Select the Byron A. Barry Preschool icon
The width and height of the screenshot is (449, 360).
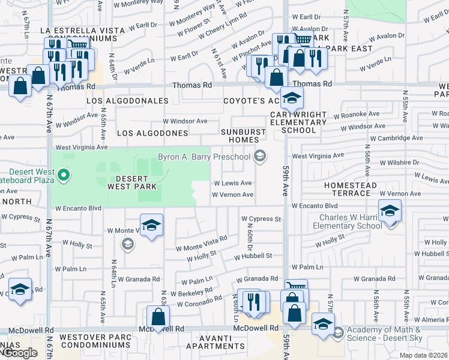(259, 157)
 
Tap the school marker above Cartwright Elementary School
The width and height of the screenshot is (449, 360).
(292, 97)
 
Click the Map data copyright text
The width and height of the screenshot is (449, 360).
(423, 355)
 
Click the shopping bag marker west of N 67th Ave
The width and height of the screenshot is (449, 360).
(20, 85)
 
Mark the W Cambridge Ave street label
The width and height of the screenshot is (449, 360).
(396, 138)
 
